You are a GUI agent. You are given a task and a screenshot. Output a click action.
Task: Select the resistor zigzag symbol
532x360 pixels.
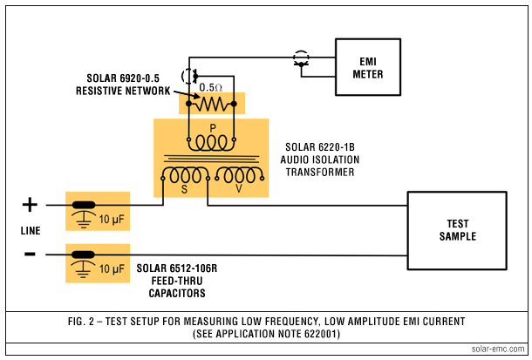pyautogui.click(x=212, y=105)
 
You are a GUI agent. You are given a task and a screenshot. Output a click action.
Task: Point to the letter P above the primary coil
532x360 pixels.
pyautogui.click(x=212, y=127)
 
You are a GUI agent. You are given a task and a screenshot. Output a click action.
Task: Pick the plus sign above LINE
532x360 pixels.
pyautogui.click(x=30, y=205)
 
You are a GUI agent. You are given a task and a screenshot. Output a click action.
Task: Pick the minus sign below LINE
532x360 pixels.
pyautogui.click(x=30, y=254)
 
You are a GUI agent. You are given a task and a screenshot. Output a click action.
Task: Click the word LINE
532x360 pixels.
pyautogui.click(x=31, y=230)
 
